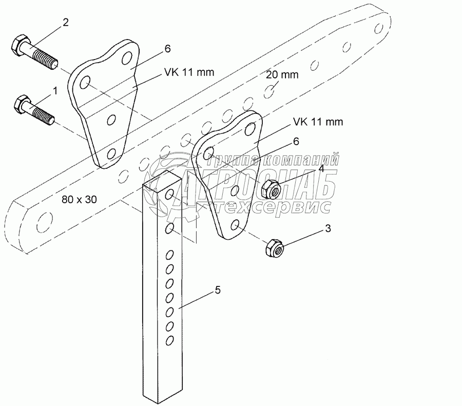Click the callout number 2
click(65, 22)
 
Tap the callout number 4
click(321, 168)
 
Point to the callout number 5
click(218, 291)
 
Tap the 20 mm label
click(282, 75)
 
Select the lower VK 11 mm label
click(318, 122)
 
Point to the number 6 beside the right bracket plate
click(296, 140)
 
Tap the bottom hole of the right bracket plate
click(236, 224)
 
